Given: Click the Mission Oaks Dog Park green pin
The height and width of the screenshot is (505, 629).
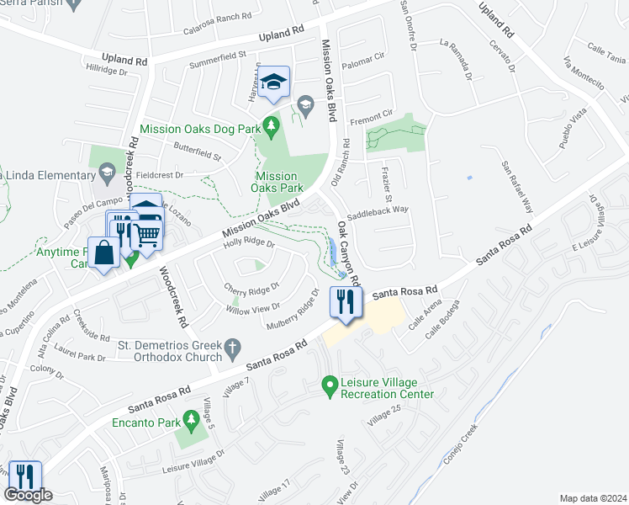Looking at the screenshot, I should click(x=270, y=125).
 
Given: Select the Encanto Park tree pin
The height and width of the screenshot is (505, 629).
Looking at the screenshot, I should click(x=192, y=417).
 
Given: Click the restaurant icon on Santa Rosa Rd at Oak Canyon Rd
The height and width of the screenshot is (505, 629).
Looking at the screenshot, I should click(x=346, y=300).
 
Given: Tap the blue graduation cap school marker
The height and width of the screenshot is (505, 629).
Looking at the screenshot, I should click(x=273, y=82).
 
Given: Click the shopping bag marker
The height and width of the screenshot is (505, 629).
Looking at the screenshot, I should click(x=104, y=253).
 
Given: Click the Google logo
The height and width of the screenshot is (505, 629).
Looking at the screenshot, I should click(x=28, y=495).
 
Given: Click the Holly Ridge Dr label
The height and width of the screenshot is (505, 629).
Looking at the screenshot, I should click(x=248, y=244).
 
